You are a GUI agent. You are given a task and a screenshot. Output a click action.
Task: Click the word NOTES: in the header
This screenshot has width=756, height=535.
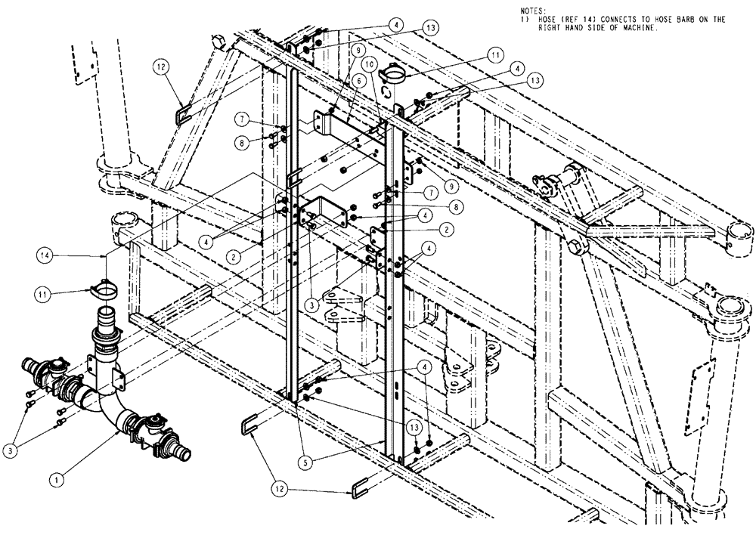tap(533, 10)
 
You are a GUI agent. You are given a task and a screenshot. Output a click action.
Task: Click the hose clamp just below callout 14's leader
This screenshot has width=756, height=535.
tap(104, 289)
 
